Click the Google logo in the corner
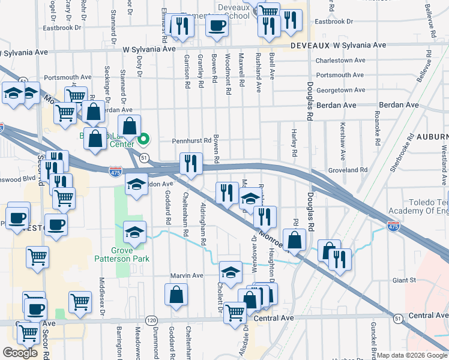coord(20,353)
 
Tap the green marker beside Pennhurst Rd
coord(143,141)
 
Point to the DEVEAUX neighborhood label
coord(310,46)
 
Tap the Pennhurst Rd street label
coord(192,140)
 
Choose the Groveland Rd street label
coord(348,170)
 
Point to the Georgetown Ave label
coord(340,90)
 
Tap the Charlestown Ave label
coord(342,61)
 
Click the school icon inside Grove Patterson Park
coord(134,233)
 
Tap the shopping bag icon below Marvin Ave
coord(176,295)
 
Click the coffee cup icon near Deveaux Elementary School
coord(217,26)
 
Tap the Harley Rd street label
coord(294,143)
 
